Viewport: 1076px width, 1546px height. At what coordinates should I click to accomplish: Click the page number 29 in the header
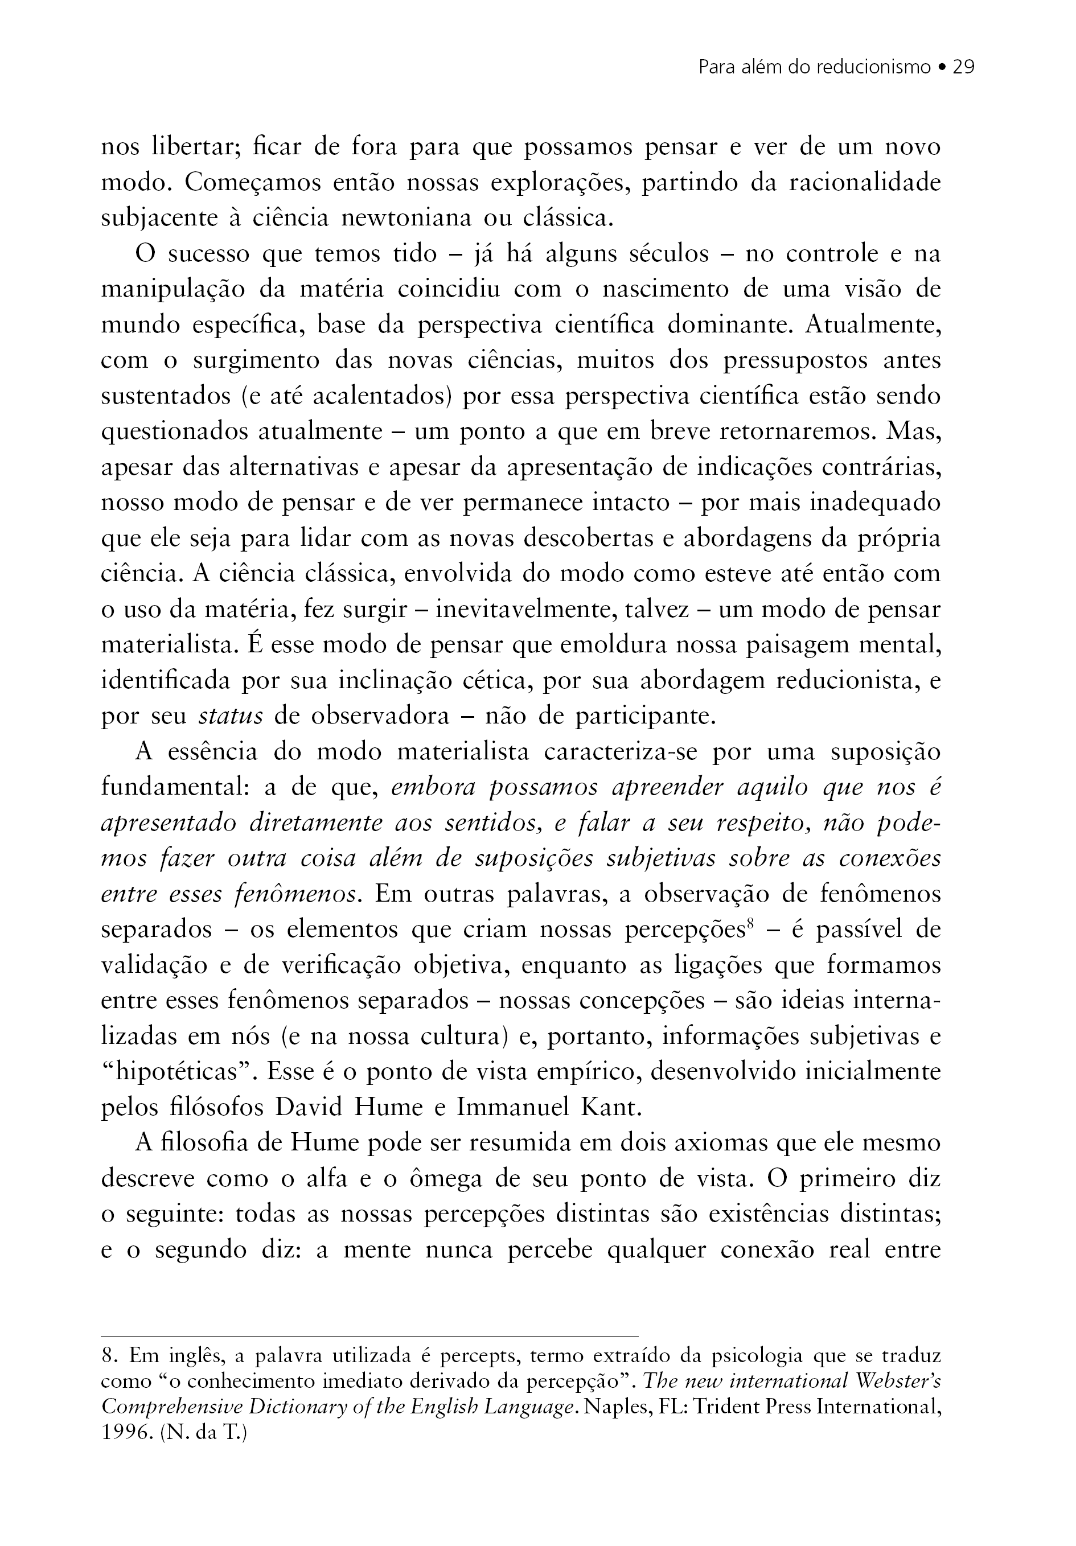click(x=963, y=67)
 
